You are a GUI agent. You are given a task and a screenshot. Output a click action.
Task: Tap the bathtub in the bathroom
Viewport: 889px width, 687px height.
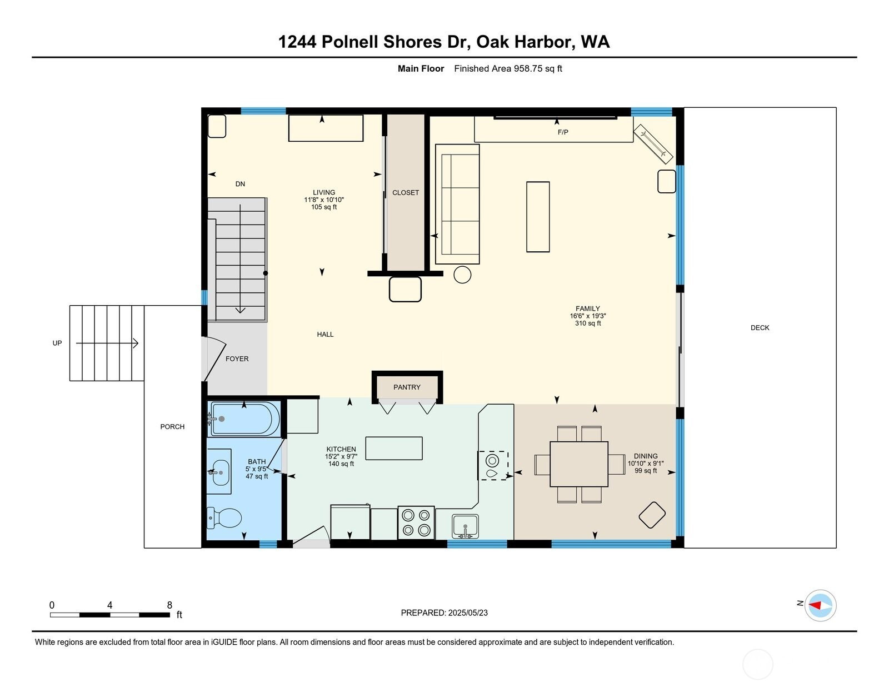coord(245,419)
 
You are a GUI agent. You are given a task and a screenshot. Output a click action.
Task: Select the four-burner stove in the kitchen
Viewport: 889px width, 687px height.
coord(416,522)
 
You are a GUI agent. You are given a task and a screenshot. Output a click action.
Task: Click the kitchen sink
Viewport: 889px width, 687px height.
coord(465,526)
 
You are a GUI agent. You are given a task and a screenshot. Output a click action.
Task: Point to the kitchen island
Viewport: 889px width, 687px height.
coord(393,449)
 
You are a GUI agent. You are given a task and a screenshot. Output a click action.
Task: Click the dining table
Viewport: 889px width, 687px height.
coord(579,464)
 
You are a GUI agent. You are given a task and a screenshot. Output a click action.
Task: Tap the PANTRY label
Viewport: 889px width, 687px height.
coord(407,387)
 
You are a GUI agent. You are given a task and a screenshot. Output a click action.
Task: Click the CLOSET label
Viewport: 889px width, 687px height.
coord(406,193)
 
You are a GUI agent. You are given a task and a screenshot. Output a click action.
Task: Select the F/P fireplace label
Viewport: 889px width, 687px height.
coord(563,132)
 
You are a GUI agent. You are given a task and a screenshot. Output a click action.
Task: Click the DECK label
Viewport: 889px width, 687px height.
coord(760,328)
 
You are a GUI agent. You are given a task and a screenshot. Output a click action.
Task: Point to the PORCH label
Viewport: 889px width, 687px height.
coord(172,427)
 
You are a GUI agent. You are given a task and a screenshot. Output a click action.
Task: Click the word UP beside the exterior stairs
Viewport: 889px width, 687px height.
coord(57,343)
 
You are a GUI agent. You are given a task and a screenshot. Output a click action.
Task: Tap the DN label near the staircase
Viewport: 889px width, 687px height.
coord(240,184)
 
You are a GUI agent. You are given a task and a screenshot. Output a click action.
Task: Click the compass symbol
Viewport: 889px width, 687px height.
coord(820,606)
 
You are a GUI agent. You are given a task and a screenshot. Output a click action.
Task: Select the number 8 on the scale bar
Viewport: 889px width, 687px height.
coord(170,605)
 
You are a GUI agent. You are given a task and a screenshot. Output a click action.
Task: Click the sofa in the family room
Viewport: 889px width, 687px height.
coord(457,204)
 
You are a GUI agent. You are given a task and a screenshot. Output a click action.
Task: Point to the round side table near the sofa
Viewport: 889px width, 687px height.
coord(462,275)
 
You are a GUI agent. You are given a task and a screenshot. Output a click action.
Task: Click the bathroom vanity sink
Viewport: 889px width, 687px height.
coord(220,472)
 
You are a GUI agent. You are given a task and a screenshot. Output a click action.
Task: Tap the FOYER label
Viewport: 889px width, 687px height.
coord(237,359)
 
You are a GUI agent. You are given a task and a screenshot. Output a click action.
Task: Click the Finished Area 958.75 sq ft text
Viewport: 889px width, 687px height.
coord(508,68)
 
